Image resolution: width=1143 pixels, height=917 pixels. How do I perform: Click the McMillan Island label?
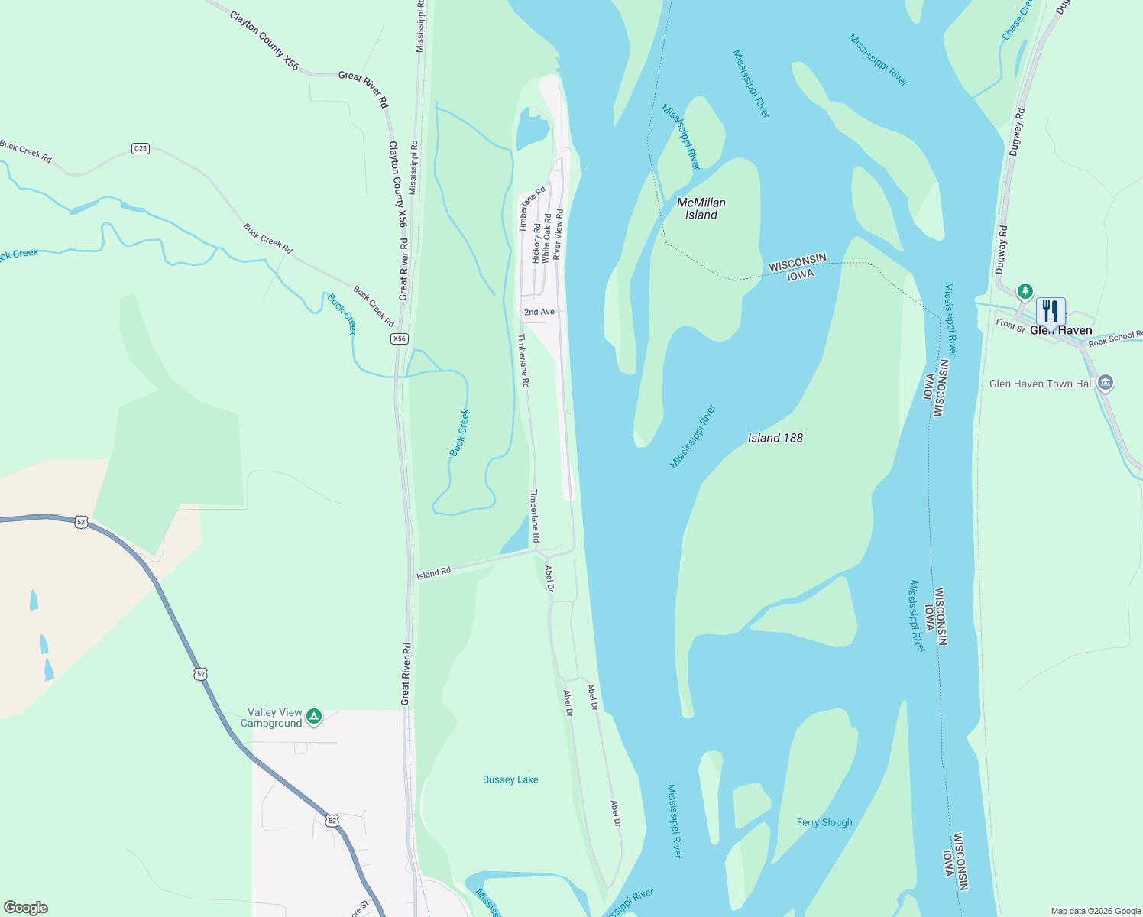point(701,209)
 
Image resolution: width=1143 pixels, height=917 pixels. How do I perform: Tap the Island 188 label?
point(775,438)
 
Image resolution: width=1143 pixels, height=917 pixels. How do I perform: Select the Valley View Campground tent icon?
point(313,717)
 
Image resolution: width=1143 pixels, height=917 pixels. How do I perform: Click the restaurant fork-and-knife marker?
point(1051,312)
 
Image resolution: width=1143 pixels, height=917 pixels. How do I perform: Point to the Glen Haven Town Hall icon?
point(1105,383)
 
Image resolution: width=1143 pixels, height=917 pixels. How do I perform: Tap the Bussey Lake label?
point(510,779)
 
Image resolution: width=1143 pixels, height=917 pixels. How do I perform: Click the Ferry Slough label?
point(824,822)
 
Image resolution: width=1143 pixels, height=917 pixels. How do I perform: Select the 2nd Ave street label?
point(539,312)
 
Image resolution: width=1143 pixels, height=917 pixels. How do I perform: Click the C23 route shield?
point(140,148)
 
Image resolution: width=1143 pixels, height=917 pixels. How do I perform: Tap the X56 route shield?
point(399,339)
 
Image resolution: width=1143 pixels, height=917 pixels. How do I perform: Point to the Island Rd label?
point(433,573)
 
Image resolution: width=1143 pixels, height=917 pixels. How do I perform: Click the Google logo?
point(25,908)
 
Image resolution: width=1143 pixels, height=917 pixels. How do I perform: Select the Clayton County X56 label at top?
point(264,41)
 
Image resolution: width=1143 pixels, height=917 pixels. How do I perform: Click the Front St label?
point(1009,325)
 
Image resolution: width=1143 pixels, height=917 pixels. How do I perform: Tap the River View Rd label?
point(559,234)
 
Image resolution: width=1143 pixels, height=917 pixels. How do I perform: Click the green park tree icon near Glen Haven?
point(1025,291)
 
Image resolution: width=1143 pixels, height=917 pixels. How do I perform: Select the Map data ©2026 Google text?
point(1095,911)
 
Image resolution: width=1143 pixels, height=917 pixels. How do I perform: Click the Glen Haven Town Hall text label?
point(1041,384)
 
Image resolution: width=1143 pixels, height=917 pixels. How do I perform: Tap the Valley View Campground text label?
point(272,718)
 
